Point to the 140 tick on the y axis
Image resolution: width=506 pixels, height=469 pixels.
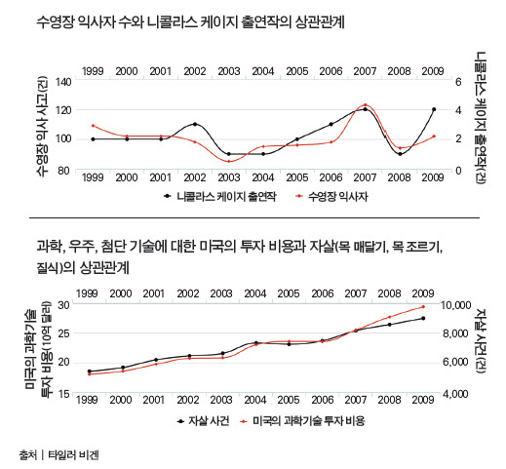pyautogui.click(x=64, y=82)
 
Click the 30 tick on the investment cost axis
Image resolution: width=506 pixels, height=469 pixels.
pyautogui.click(x=64, y=305)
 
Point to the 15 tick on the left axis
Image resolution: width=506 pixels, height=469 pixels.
pyautogui.click(x=64, y=394)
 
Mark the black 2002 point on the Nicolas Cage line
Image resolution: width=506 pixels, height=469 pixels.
pyautogui.click(x=195, y=125)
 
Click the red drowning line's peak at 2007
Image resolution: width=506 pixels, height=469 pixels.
pyautogui.click(x=365, y=104)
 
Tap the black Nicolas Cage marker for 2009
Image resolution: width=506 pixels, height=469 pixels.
pyautogui.click(x=433, y=109)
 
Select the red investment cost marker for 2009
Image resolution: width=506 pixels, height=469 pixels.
pyautogui.click(x=423, y=307)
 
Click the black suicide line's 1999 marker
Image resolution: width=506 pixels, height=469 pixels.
pyautogui.click(x=90, y=371)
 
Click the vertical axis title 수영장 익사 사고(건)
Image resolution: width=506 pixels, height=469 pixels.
pyautogui.click(x=41, y=126)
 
